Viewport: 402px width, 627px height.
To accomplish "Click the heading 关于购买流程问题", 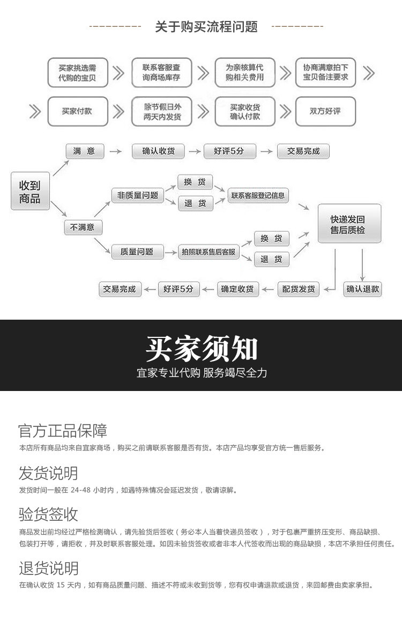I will tap(206, 26).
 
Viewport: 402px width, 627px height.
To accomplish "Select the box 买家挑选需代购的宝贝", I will tap(77, 72).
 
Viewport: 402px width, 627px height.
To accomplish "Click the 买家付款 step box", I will tap(77, 111).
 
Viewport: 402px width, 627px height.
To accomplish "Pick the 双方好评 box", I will tap(325, 111).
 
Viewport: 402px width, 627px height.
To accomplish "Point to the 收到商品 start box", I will tap(30, 191).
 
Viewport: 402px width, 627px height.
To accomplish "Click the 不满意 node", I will tap(83, 227).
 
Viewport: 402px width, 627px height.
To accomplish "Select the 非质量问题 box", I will tap(138, 195).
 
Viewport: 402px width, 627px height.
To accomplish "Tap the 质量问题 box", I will tap(137, 252).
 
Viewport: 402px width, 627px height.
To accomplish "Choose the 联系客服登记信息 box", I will tap(258, 195).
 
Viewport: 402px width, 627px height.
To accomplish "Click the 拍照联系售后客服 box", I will tap(209, 252).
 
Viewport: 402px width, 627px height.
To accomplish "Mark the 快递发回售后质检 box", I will tap(349, 224).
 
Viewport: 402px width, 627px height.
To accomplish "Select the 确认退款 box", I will tap(362, 289).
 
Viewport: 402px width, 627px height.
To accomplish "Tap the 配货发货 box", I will tap(299, 289).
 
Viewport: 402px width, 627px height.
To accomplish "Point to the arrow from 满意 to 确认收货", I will tap(115, 152).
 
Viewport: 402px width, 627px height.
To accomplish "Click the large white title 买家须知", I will tap(202, 349).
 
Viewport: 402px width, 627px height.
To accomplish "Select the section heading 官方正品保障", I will tap(63, 431).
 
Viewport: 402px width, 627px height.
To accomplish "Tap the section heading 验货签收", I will tap(48, 515).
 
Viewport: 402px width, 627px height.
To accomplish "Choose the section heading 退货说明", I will tap(48, 569).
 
